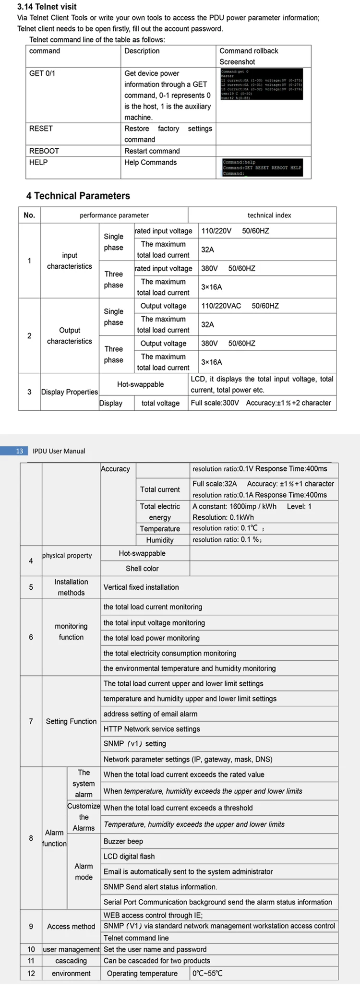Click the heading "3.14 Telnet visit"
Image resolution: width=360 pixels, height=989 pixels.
point(47,7)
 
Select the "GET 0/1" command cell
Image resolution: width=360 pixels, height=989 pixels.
point(42,73)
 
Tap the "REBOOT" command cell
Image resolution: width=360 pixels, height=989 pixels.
point(44,151)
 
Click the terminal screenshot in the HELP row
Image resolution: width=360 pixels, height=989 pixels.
point(262,167)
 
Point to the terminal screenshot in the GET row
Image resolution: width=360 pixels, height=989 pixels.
point(261,84)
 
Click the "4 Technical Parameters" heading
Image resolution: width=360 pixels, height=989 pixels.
point(78,196)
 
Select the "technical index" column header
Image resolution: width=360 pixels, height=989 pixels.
point(269,215)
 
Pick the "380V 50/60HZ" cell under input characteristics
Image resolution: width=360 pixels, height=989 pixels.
point(228,268)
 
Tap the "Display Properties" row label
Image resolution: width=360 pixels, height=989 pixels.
point(70,392)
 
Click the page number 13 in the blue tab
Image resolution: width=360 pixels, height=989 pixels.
point(19,451)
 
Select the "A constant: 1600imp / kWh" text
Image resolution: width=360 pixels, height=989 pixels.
point(234,506)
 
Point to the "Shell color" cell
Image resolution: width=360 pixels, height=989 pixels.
point(142,569)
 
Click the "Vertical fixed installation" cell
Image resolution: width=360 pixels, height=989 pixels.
point(141,587)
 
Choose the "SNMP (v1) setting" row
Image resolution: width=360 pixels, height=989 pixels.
point(135,744)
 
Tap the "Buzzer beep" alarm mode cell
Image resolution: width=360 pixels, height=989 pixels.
point(123,841)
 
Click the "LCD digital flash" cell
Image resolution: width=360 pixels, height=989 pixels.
point(129,857)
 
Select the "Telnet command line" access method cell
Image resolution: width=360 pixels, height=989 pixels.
point(136,938)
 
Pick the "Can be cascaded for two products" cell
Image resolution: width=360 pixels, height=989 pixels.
point(157,961)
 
